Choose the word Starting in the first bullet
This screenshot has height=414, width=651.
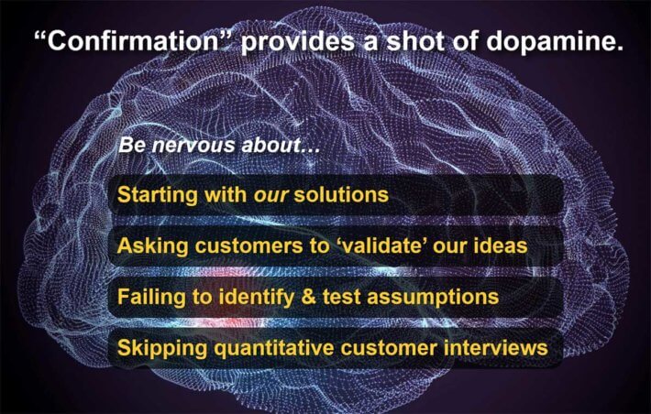[158, 195]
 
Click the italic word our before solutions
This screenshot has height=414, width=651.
[270, 196]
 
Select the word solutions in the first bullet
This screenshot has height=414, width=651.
[341, 194]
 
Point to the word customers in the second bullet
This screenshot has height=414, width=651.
[248, 246]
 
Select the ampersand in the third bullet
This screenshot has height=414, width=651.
[308, 298]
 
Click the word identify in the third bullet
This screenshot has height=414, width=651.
[256, 298]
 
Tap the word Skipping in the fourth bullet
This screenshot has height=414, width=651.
[162, 348]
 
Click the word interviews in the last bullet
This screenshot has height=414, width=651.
[496, 348]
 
